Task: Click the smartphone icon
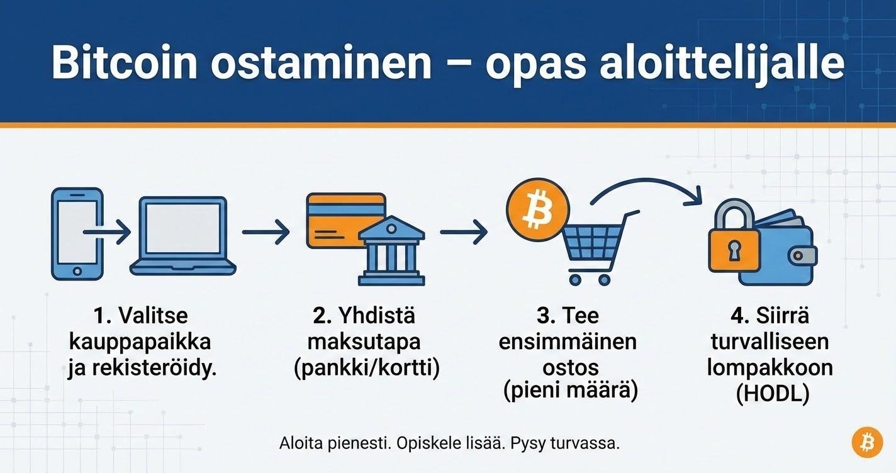click(76, 233)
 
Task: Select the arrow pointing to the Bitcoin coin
click(463, 233)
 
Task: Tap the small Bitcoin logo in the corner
click(867, 442)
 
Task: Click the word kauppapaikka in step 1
click(139, 343)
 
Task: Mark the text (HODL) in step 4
click(771, 393)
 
